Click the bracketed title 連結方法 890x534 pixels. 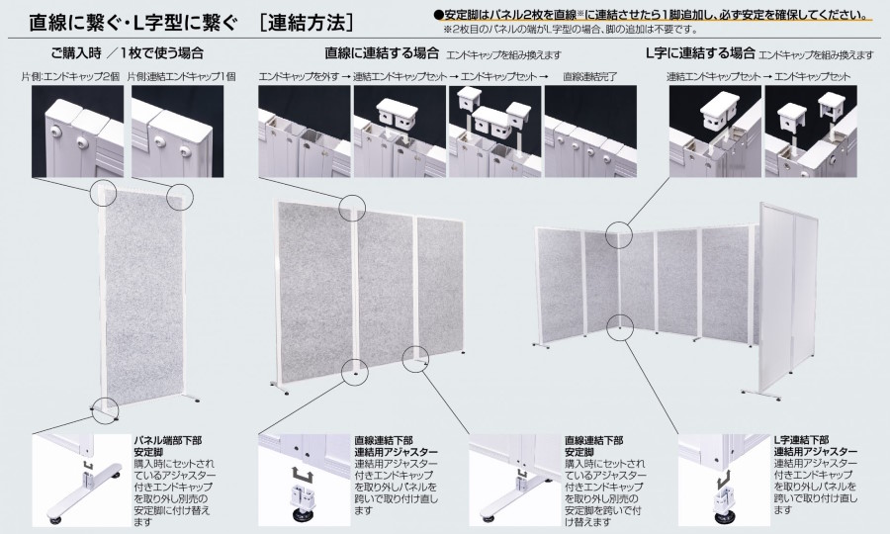[306, 22]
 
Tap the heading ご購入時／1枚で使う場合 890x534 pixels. [128, 53]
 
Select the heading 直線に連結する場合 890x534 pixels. [382, 53]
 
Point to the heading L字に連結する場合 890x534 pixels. [701, 53]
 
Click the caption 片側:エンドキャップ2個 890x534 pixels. [71, 76]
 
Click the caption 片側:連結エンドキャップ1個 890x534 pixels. [182, 76]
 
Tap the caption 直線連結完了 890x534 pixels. [590, 76]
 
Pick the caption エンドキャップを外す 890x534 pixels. [299, 76]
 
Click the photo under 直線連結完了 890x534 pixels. [590, 132]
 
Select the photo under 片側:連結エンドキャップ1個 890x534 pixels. [178, 132]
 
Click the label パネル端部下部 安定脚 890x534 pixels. [168, 447]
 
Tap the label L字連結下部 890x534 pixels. [801, 440]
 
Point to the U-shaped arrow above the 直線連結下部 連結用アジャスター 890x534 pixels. [305, 473]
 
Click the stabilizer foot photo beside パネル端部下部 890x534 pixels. [81, 480]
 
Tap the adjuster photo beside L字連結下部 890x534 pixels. [725, 480]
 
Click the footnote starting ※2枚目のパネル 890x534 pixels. [571, 29]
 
